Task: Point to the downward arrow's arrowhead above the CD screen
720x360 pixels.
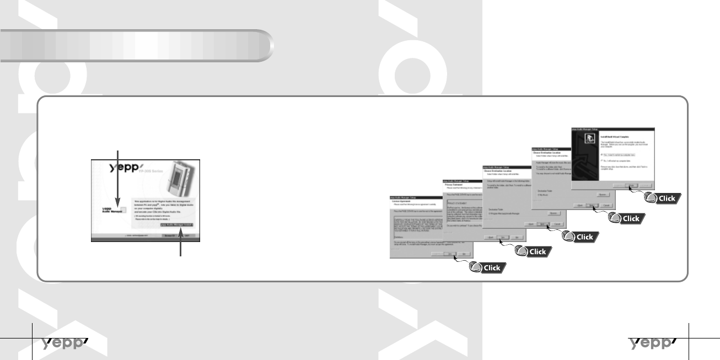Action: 117,205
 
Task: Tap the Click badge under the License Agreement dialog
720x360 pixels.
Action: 486,268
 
